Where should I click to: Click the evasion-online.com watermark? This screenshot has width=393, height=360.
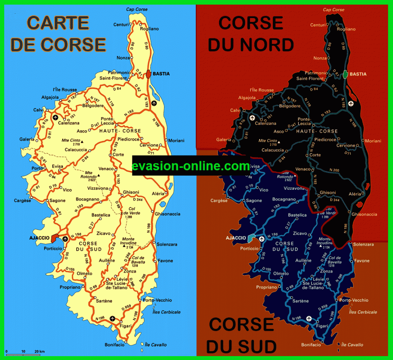coord(191,166)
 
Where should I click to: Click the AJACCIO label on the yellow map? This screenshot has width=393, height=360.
coord(40,238)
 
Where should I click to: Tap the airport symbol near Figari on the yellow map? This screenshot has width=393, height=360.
coord(112,318)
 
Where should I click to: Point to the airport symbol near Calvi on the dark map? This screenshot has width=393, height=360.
coord(252,118)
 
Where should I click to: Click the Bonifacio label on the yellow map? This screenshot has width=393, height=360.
coord(114,345)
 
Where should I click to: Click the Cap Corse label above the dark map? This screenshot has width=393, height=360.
coord(334,10)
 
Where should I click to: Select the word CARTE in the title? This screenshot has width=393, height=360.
coord(58,23)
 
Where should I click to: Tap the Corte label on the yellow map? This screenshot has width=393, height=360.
coord(119,155)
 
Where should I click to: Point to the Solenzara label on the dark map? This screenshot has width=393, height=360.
coord(363,245)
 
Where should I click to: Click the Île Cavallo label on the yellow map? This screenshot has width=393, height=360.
coord(156,345)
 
